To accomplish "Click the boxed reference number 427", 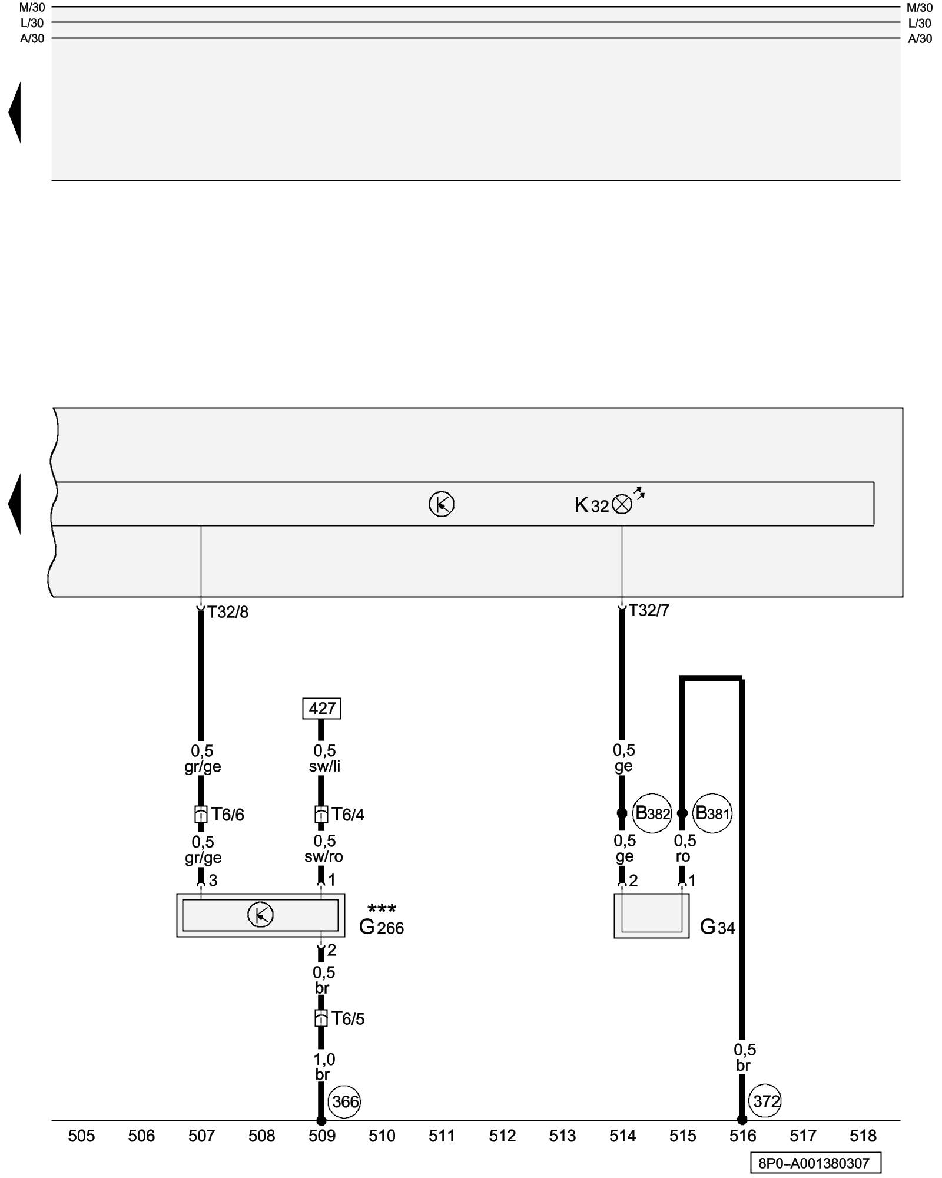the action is [321, 708].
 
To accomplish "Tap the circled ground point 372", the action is [765, 1101].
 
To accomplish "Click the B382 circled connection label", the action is [652, 813].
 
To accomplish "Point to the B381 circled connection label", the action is [712, 813].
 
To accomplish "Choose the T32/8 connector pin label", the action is [228, 613].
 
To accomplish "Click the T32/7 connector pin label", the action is [649, 611].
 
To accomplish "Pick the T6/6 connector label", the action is [227, 815].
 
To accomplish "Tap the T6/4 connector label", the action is [347, 815].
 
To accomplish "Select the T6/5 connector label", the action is [347, 1018].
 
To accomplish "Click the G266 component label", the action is [382, 927].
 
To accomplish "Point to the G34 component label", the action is [717, 927].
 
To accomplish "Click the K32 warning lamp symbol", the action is [622, 504].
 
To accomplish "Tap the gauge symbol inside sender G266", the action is [260, 915].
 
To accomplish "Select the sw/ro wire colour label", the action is [324, 857].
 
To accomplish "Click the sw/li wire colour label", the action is [324, 766].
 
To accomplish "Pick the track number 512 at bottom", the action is [502, 1136].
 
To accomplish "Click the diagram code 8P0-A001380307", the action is [815, 1163].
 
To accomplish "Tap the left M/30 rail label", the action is [32, 8].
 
